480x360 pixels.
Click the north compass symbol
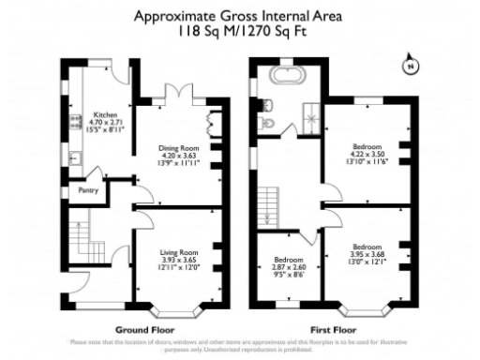[x=409, y=67]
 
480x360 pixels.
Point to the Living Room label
[x=177, y=253]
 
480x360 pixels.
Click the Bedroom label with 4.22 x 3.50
[x=367, y=148]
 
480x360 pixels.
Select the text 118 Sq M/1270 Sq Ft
[x=239, y=31]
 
